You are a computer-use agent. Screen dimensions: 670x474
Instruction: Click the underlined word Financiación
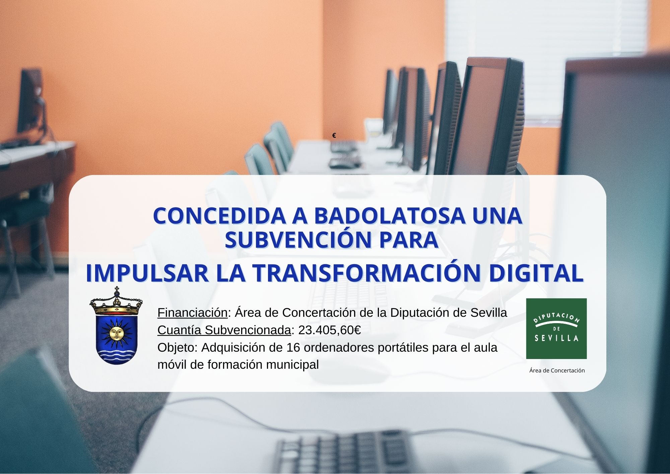point(192,313)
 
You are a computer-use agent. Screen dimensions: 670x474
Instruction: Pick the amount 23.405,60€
point(329,330)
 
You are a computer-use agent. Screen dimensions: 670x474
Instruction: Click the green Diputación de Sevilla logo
point(556,329)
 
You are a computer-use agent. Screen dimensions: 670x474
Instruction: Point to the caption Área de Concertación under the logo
point(557,370)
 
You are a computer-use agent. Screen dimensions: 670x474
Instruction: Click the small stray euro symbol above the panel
point(334,135)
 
